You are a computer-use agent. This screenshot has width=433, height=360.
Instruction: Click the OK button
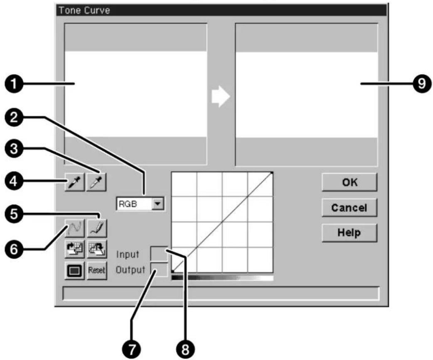349,182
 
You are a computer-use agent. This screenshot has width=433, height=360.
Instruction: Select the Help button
349,233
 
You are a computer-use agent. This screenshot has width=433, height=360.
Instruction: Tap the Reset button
97,270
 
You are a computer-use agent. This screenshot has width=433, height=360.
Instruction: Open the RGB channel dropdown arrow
157,204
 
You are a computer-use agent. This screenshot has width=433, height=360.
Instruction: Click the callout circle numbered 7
132,350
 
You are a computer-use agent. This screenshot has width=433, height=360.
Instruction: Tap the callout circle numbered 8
185,350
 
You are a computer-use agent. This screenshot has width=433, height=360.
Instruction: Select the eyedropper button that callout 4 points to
74,182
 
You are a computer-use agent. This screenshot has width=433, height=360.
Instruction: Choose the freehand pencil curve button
97,228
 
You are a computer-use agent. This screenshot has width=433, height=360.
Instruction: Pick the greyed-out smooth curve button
74,228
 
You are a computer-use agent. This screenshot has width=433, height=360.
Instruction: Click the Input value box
159,254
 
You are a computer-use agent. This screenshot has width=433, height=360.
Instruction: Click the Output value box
159,269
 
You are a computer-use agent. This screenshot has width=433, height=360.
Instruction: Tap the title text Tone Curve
84,10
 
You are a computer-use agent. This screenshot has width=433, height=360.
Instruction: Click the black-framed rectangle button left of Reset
74,270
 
